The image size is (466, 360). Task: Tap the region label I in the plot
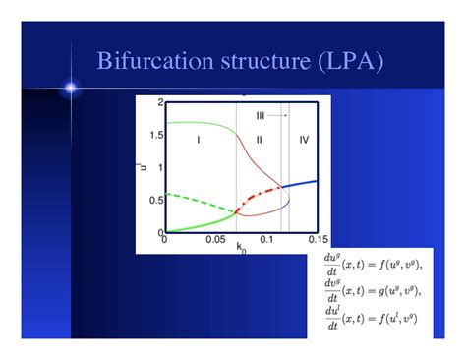pyautogui.click(x=199, y=141)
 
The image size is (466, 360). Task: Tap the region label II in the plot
pyautogui.click(x=258, y=141)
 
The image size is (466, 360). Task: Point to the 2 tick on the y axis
pyautogui.click(x=159, y=103)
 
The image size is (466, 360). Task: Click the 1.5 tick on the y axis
pyautogui.click(x=156, y=136)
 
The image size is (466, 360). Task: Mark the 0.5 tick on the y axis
pyautogui.click(x=156, y=201)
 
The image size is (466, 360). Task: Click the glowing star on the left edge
pyautogui.click(x=70, y=89)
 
